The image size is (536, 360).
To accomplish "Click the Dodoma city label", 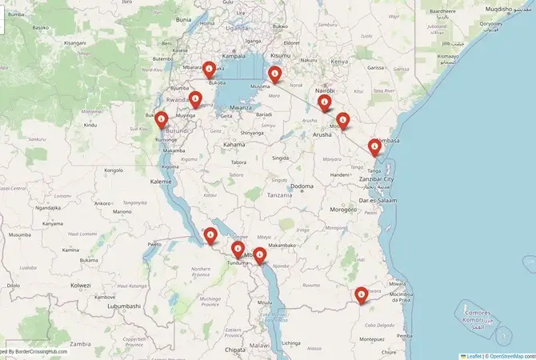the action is pos(302,186).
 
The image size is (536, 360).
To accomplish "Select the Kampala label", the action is pos(234,56).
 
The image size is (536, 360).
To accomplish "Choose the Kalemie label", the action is pos(161,182).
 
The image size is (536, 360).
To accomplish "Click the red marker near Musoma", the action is pos(275,75).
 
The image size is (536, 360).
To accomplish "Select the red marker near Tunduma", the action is pos(237,250).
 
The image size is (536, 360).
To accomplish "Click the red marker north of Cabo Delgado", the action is pos(362,295).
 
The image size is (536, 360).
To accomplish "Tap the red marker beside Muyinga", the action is pos(195,99).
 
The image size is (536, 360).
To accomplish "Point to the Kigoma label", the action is pos(170,166).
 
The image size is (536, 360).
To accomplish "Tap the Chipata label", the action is pos(235,350).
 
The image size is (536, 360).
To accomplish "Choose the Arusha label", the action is pos(322,135).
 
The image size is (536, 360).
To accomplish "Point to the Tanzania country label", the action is pos(280,195).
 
